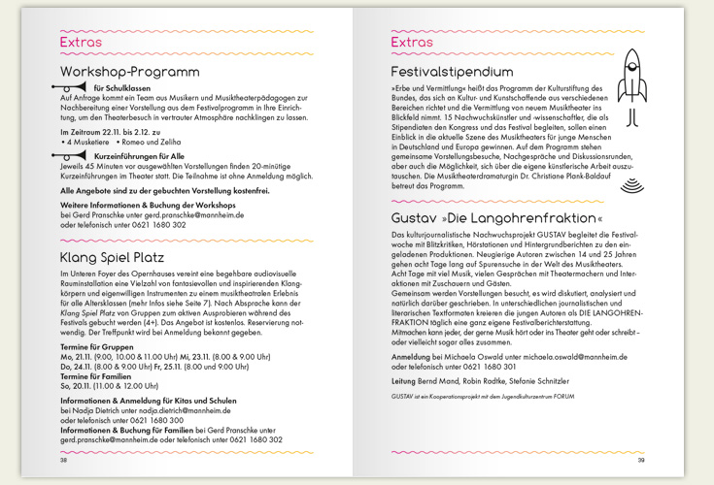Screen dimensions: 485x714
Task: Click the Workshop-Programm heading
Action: [129, 72]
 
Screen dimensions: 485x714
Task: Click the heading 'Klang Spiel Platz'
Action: [112, 257]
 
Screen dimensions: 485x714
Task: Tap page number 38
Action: [64, 460]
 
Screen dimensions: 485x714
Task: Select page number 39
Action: [640, 460]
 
